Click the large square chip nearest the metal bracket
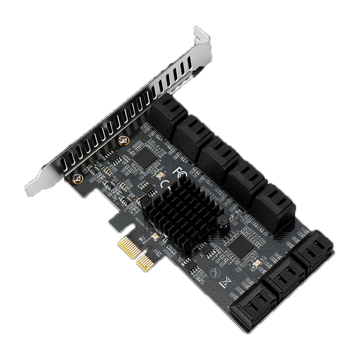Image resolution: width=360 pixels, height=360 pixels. coord(146,157)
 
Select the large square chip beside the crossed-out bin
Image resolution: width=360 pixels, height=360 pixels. coord(242,244)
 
